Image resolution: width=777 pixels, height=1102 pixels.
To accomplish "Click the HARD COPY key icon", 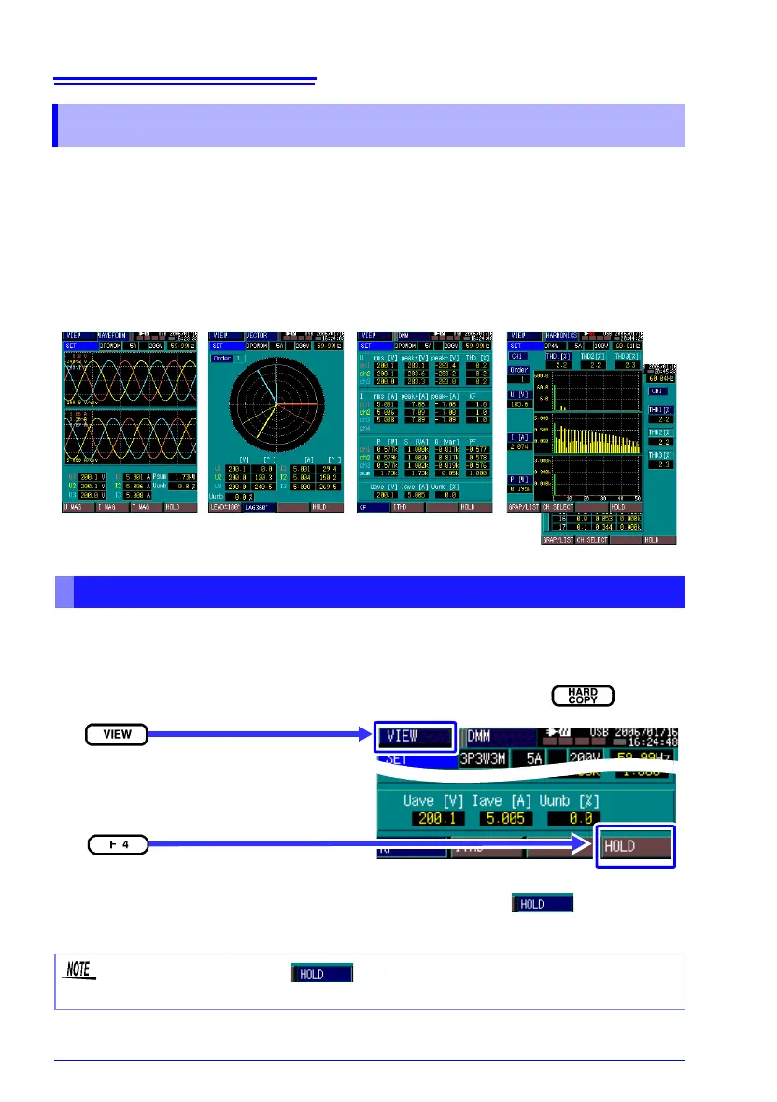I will pyautogui.click(x=583, y=695).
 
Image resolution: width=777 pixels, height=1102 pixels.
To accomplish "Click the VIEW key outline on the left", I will pyautogui.click(x=116, y=735).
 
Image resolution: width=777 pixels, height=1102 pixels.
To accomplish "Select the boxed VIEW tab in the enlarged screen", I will pyautogui.click(x=414, y=736).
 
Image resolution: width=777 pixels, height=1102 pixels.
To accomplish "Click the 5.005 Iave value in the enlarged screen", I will pyautogui.click(x=503, y=817).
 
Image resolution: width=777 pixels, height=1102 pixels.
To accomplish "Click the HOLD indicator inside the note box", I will pyautogui.click(x=322, y=973).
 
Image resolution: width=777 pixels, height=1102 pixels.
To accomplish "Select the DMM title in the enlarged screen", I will pyautogui.click(x=491, y=737).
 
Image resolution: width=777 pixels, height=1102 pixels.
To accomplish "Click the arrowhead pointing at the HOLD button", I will pyautogui.click(x=587, y=845).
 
